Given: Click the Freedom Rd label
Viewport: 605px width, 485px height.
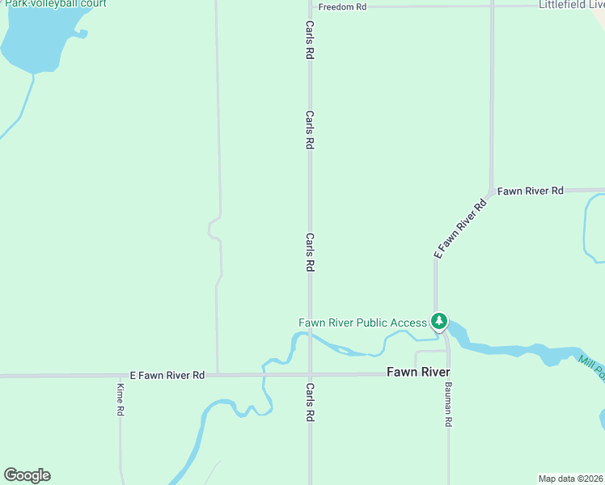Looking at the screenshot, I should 342,6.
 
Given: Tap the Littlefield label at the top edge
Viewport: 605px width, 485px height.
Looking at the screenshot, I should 571,5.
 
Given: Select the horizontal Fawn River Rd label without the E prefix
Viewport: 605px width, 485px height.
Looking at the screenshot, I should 530,191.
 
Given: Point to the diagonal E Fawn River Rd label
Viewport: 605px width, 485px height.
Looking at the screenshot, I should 462,229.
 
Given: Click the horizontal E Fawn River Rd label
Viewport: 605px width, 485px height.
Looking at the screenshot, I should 167,375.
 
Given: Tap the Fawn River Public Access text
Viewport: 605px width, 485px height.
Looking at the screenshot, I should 362,323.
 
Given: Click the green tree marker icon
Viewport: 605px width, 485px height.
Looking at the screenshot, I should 438,322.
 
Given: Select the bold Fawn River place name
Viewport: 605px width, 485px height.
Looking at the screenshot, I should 418,372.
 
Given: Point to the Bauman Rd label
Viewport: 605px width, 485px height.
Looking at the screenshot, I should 448,404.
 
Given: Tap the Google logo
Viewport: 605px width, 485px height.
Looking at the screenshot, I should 27,475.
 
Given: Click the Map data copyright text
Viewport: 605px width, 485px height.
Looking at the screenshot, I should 571,479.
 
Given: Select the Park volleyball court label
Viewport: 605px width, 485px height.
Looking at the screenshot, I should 55,4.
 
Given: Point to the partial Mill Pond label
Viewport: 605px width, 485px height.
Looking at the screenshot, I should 591,368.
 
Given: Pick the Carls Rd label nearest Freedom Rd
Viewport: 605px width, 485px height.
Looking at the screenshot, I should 310,40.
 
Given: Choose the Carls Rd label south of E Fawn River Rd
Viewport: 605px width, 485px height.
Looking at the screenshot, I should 310,402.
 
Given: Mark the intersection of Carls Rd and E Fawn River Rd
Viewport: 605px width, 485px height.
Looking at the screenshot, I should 310,374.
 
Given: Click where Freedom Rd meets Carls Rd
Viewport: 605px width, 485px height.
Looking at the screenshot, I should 310,6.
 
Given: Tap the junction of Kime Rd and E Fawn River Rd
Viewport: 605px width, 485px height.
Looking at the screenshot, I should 120,375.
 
